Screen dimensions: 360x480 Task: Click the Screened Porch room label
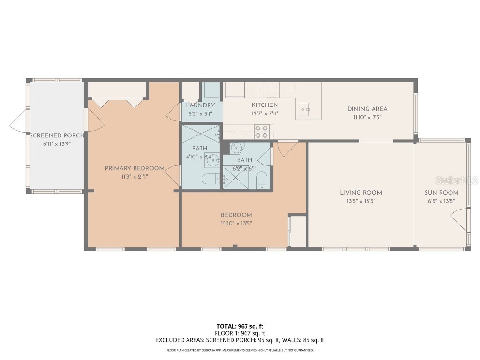(57, 135)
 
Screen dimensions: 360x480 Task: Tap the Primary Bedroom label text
(135, 168)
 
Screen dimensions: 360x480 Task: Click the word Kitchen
(265, 105)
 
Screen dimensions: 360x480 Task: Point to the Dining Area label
(367, 109)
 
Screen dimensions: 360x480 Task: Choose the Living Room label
(360, 192)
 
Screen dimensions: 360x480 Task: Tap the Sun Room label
(441, 192)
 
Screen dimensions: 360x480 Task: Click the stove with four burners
(262, 132)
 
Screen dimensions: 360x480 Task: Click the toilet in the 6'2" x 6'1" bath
(262, 180)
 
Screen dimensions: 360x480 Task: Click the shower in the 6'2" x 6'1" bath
(235, 179)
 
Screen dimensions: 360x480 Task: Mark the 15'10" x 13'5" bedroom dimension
(236, 224)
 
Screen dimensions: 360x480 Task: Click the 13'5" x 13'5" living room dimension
(360, 200)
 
